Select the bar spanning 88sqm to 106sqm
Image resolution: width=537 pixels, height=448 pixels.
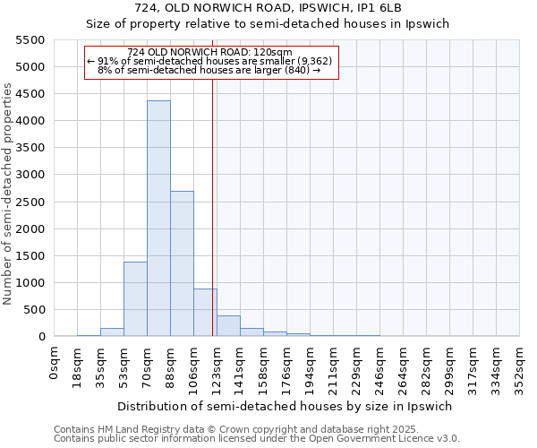pos(182,263)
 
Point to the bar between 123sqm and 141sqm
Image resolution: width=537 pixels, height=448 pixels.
pos(228,326)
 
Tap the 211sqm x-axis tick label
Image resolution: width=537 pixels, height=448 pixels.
pos(333,364)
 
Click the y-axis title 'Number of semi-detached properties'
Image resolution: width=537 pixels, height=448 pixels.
pos(9,194)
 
